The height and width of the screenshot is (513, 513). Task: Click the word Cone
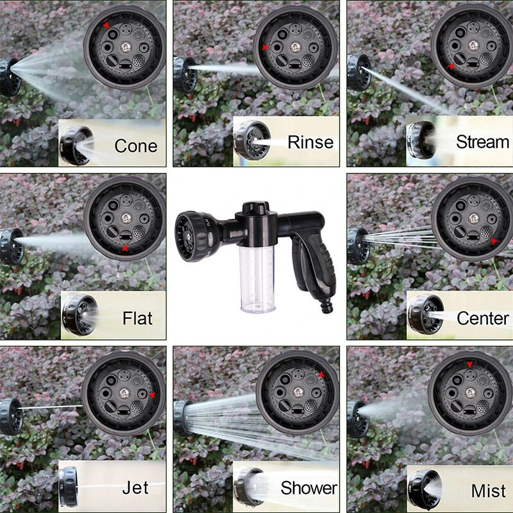click(x=135, y=146)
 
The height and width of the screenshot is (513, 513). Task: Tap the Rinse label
click(x=310, y=142)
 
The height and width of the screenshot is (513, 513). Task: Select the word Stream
click(x=483, y=142)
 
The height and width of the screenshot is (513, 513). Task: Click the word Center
click(x=483, y=317)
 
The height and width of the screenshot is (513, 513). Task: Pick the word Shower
click(x=308, y=488)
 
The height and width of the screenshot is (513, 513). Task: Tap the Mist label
click(x=489, y=491)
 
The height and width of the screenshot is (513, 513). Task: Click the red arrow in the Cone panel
click(x=106, y=25)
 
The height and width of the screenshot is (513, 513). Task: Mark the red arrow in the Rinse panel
click(x=265, y=47)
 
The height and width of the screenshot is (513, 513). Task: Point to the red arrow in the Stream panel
click(x=451, y=66)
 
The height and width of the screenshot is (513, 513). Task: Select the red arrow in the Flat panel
click(x=125, y=248)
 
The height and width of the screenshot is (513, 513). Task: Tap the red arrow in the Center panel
click(x=494, y=242)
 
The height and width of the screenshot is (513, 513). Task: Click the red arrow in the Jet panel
click(x=152, y=395)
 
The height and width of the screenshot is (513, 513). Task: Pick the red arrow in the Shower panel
click(x=321, y=375)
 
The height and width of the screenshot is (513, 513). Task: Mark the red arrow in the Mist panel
click(x=470, y=365)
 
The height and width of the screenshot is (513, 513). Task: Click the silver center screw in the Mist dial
click(x=470, y=392)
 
